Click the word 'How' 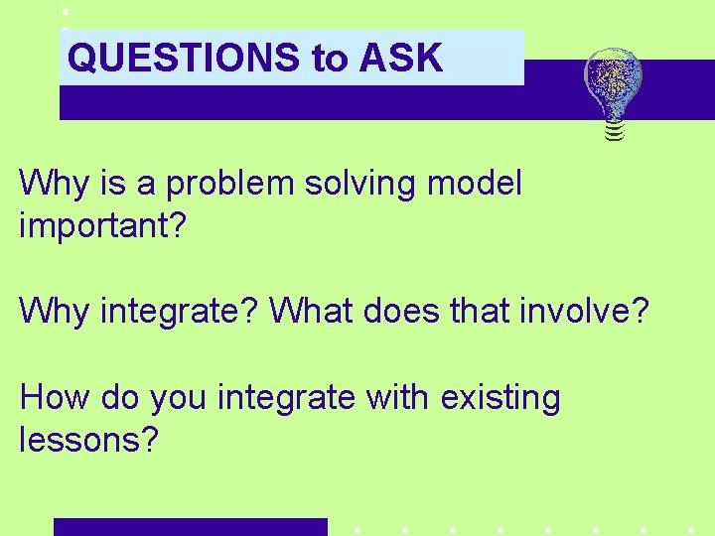(52, 398)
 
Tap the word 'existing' (502, 399)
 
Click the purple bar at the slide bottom (190, 527)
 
